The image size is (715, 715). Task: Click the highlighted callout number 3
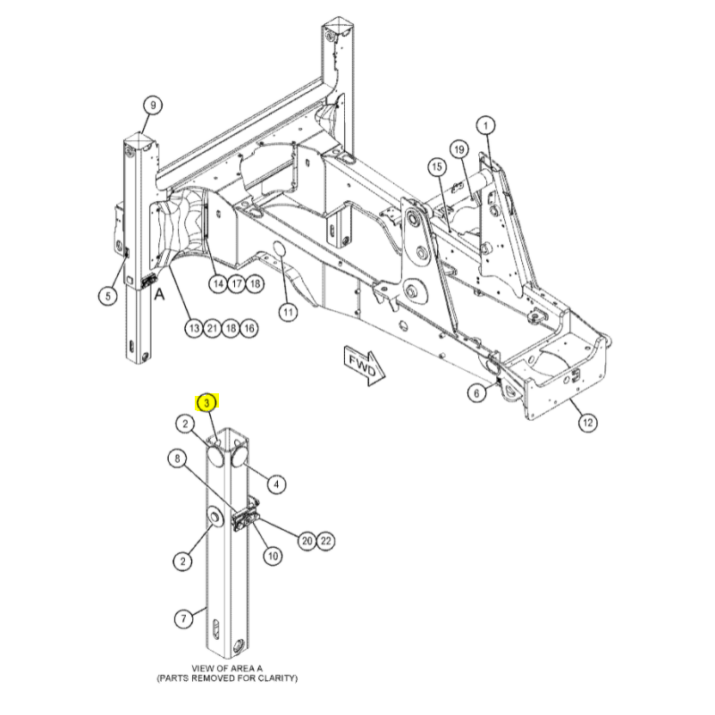[x=207, y=403]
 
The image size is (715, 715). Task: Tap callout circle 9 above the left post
[x=153, y=105]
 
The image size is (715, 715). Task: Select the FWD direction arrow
[x=365, y=367]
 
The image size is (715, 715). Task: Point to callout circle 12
[x=588, y=423]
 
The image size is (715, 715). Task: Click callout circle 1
[x=485, y=125]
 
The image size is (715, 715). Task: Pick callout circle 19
[x=459, y=149]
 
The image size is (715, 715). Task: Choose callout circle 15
[x=437, y=167]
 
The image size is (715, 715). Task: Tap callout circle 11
[x=288, y=312]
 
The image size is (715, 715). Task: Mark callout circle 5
[x=108, y=296]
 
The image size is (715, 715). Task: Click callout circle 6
[x=477, y=393]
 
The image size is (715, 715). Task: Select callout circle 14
[x=218, y=284]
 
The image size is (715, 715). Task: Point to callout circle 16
[x=249, y=328]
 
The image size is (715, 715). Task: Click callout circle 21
[x=213, y=328]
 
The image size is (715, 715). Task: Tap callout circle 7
[x=184, y=618]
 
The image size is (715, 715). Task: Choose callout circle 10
[x=273, y=556]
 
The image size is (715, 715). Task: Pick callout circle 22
[x=325, y=541]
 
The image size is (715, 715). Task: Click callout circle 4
[x=276, y=484]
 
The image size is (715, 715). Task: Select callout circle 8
[x=178, y=458]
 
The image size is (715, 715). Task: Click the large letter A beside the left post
[x=159, y=294]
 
